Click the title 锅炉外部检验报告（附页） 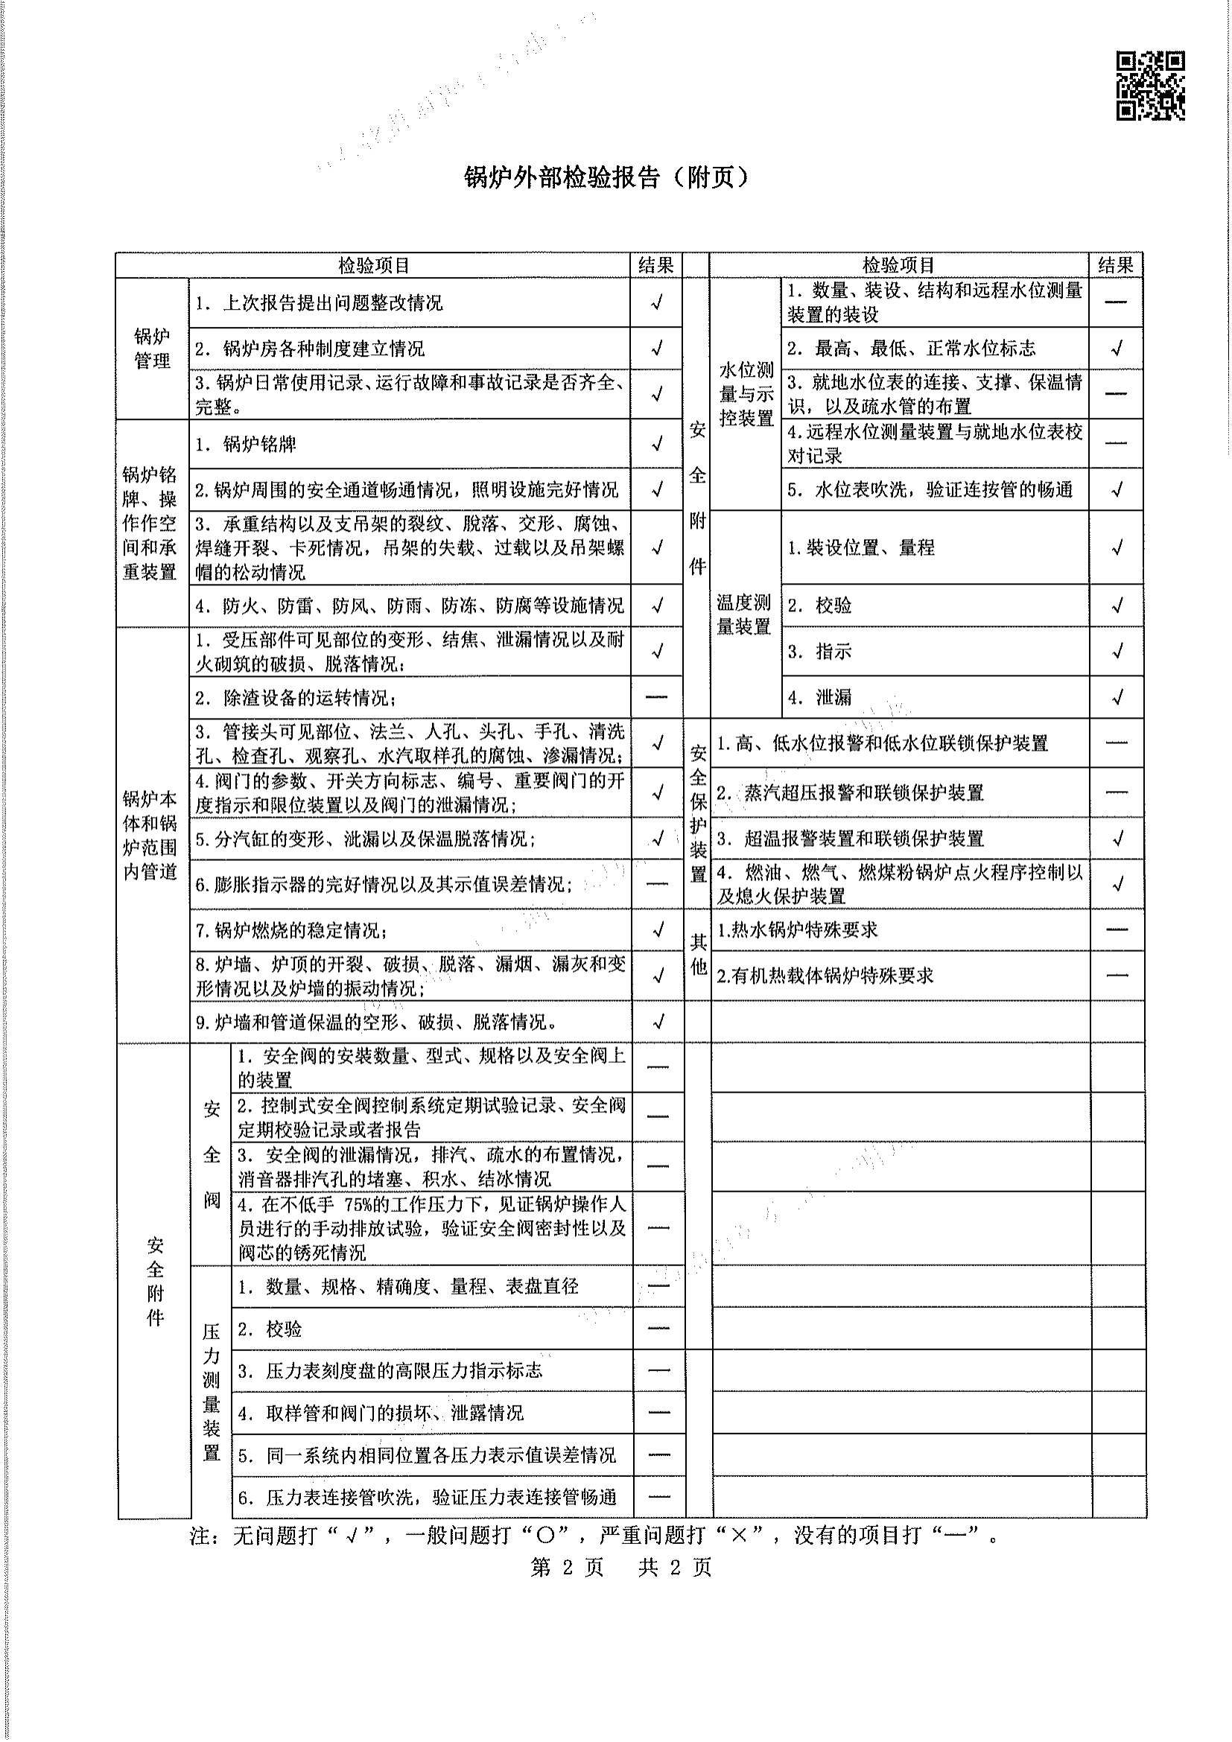606,177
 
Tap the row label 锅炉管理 152,349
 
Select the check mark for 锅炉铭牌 657,443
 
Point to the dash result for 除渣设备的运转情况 657,697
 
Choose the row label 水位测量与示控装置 746,394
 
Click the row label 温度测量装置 744,614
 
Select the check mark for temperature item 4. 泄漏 1117,697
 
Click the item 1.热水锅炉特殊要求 797,930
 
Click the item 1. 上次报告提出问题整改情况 320,303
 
